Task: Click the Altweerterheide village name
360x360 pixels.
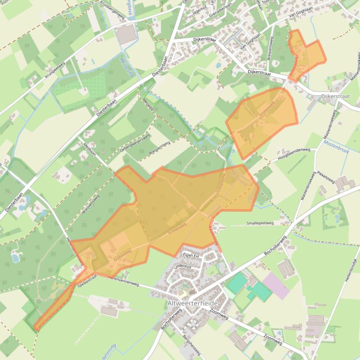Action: point(192,303)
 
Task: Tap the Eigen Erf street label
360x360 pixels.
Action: point(192,256)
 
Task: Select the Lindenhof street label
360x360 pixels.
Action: point(183,266)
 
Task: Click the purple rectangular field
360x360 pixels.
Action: point(276,286)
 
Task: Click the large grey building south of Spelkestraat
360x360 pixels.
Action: point(109,310)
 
